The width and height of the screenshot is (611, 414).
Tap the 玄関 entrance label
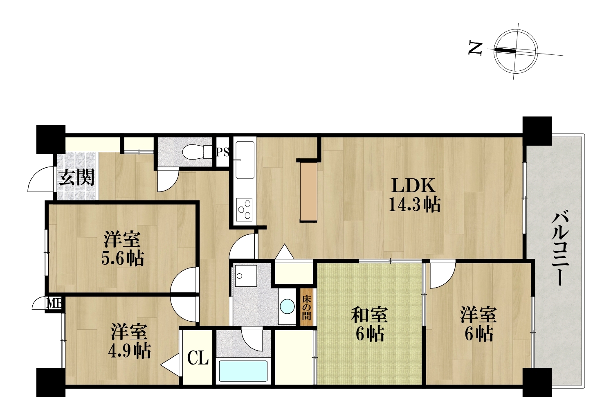coord(77,178)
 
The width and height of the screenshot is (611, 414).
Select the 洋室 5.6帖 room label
coord(123,248)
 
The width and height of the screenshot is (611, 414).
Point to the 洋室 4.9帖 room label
coord(130,341)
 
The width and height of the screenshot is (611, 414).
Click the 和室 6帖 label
coord(370,324)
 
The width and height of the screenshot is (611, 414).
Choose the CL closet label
coord(198,358)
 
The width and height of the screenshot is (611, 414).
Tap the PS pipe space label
coord(222,152)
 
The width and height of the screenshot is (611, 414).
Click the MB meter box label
coord(55,303)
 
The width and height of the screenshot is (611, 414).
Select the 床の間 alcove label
coord(306,308)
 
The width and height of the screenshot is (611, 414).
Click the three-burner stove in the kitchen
coord(245,209)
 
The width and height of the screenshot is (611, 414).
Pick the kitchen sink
coord(245,160)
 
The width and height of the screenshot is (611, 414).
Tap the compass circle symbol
coord(516,51)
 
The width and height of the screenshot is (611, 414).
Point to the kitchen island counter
coord(309,192)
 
